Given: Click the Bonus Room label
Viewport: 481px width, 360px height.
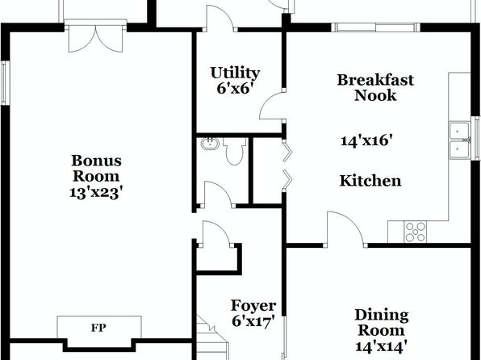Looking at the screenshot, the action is point(96,169).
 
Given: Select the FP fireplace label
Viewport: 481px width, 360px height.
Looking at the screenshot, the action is point(98,328).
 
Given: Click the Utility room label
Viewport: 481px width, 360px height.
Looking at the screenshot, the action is point(236,73).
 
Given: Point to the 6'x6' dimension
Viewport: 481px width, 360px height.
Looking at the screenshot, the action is point(235,89).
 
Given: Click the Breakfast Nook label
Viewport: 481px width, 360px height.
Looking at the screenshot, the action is point(375,87).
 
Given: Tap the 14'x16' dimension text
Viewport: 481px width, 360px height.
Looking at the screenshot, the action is point(367,140).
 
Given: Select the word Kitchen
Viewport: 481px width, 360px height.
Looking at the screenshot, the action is point(370,181).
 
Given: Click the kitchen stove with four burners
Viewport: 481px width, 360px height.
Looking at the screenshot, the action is point(416,232).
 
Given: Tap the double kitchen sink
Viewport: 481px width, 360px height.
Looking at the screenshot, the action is point(459,140).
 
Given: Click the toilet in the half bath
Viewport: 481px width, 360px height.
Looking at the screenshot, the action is point(235,151).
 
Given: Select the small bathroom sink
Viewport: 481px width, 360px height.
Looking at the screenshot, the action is point(210,144).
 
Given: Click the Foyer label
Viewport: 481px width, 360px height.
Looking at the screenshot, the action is point(253,305).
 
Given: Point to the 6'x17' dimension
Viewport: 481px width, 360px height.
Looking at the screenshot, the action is point(253,321).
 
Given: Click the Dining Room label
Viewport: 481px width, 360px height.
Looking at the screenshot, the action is point(382,323).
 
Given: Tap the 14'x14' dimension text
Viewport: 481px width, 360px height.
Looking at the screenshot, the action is point(382,346).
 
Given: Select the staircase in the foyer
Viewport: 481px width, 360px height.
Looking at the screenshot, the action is point(212,337).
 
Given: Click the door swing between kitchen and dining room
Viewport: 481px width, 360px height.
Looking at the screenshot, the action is point(345,228).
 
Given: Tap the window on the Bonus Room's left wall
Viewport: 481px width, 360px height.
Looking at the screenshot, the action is point(4,83).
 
